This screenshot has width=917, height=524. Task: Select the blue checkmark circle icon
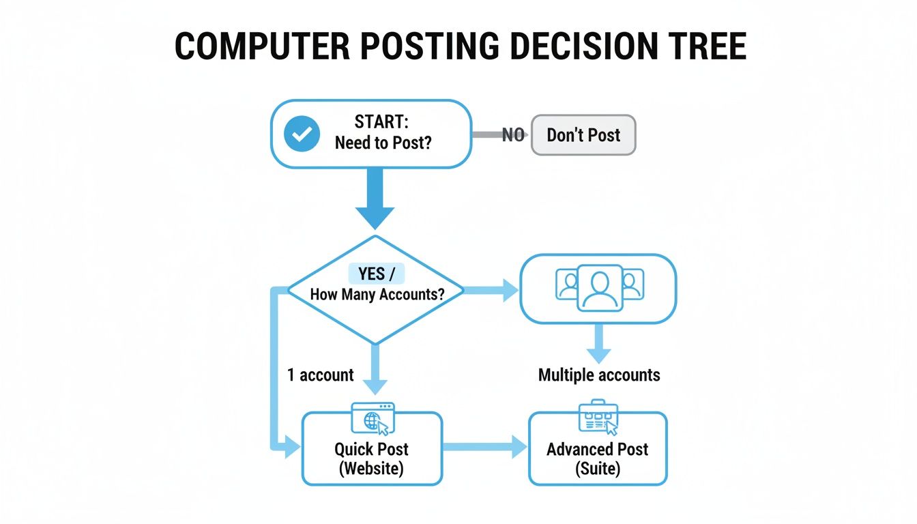pos(301,134)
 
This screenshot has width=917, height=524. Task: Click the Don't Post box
pos(583,135)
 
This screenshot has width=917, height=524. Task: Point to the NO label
pos(513,135)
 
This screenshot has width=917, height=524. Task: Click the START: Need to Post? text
pos(383,134)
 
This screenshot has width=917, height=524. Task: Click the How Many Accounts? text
pos(377,295)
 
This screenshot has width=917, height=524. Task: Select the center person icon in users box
pos(599,287)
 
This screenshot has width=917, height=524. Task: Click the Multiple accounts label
pos(599,375)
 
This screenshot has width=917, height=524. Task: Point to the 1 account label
pos(320,375)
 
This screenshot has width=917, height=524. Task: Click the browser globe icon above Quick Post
pos(372,419)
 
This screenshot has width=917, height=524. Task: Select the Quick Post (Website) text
pos(372,459)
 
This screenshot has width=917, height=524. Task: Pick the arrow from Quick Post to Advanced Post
pos(484,448)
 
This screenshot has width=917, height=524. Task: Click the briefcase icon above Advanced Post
pos(598,417)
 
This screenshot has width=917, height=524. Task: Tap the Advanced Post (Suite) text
pos(598,459)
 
